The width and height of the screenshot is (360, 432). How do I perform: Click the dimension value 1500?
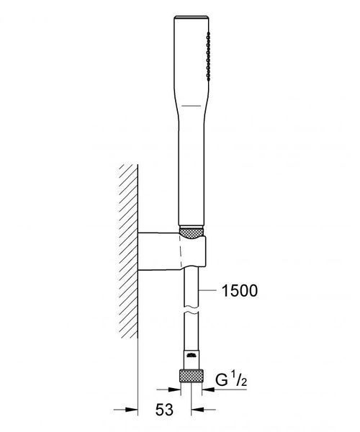coord(240,291)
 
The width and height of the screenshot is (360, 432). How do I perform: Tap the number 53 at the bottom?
coord(164,410)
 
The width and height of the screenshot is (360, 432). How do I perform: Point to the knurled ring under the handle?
coord(192,232)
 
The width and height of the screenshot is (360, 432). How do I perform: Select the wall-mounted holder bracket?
coord(171,251)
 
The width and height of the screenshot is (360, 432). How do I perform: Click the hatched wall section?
coord(128,251)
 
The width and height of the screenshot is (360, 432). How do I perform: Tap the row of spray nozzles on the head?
coord(208,56)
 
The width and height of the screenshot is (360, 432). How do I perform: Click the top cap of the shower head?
coord(192,17)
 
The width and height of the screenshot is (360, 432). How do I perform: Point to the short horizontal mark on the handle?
coord(191,106)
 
